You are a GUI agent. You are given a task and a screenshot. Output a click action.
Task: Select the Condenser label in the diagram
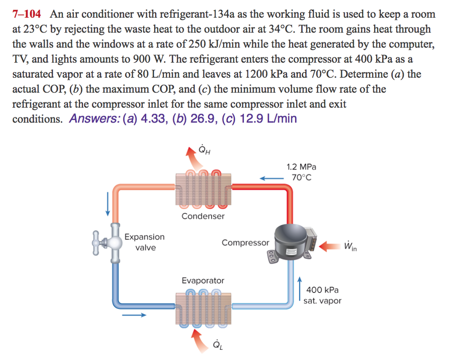[203, 216]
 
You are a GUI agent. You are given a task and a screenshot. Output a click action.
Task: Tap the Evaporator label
[203, 281]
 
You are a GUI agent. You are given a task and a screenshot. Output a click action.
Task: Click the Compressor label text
[245, 243]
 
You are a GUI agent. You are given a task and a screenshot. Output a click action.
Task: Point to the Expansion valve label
[144, 242]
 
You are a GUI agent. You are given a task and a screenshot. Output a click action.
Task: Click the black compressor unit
[291, 242]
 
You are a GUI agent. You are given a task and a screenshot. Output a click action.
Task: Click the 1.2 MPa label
[302, 167]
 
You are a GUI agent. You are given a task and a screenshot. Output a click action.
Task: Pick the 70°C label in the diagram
[302, 178]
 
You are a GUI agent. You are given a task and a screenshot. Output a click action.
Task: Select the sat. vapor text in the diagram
[323, 301]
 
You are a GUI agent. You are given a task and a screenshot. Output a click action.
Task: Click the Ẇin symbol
[350, 245]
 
